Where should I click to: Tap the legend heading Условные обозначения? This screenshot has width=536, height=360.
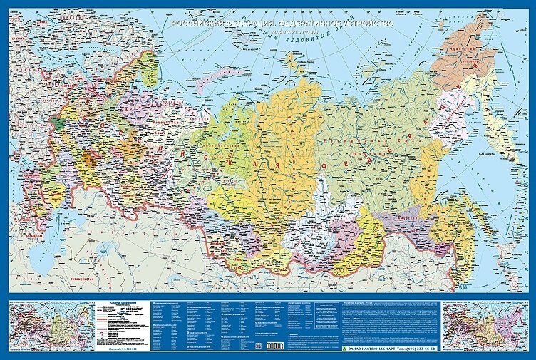(x=118, y=303)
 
